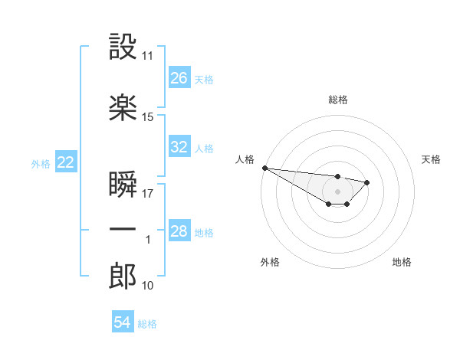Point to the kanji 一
click(x=123, y=230)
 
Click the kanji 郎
click(x=123, y=277)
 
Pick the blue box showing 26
click(x=179, y=78)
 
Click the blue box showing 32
click(x=179, y=147)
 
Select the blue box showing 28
click(x=179, y=231)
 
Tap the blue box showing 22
click(x=65, y=162)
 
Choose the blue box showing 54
click(x=122, y=322)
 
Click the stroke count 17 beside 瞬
click(x=148, y=194)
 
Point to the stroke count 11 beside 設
click(x=148, y=56)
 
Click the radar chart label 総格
click(x=337, y=100)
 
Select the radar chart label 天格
click(x=432, y=159)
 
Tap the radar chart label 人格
click(x=244, y=159)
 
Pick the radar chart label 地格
click(x=402, y=262)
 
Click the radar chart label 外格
click(x=270, y=262)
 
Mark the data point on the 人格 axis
click(x=264, y=168)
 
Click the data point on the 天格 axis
click(x=367, y=182)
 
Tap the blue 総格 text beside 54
click(x=147, y=324)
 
